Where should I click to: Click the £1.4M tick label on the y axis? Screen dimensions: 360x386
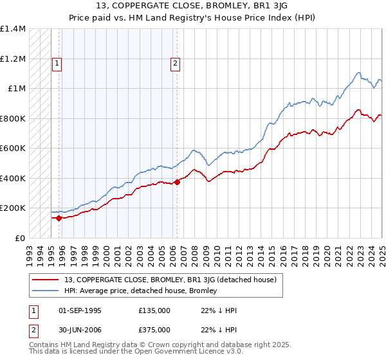(x=13, y=29)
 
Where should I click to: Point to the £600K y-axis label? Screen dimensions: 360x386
(x=13, y=148)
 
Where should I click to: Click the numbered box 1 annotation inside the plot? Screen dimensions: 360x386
(x=58, y=63)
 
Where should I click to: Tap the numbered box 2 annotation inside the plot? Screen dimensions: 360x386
(x=176, y=63)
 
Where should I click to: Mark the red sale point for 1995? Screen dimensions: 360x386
(x=59, y=218)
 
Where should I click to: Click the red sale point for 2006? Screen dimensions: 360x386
(x=177, y=182)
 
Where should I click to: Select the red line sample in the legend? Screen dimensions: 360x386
(x=46, y=280)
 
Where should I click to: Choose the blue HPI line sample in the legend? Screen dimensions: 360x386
(x=46, y=291)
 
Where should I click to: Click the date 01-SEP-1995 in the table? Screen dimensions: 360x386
(x=80, y=310)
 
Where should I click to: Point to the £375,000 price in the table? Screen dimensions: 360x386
(x=154, y=330)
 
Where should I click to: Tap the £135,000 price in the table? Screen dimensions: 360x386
(x=154, y=310)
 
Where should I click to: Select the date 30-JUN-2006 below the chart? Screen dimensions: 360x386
(x=80, y=330)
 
